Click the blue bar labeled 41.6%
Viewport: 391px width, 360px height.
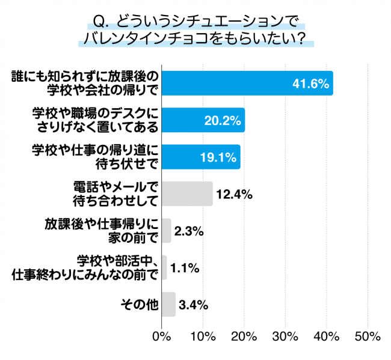click(247, 84)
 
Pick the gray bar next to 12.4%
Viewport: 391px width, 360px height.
click(187, 194)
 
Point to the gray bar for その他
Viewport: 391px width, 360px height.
click(168, 304)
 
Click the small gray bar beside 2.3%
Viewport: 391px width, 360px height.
click(167, 230)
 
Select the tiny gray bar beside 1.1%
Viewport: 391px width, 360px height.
click(164, 267)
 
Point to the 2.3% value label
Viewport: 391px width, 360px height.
click(189, 231)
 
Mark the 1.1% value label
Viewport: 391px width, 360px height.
click(185, 268)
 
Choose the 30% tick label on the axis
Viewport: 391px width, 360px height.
click(286, 337)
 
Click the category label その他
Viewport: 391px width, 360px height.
click(140, 305)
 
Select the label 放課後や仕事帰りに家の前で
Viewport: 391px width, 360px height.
click(102, 230)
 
